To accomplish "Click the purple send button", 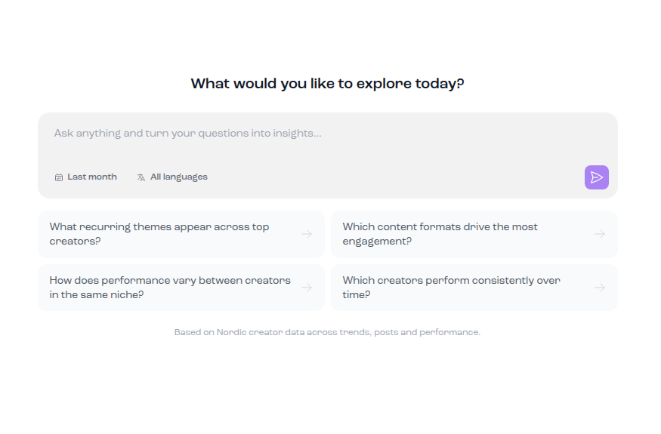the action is [x=597, y=177].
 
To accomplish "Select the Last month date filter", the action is [x=86, y=177].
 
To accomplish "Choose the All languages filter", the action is [x=172, y=177].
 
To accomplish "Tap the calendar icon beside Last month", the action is [x=59, y=177].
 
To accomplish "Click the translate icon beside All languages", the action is [x=141, y=177].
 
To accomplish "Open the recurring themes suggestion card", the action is [x=181, y=234].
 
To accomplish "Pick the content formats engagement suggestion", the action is [x=474, y=234].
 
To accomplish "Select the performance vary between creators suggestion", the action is [x=181, y=288].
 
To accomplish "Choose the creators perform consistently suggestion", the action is [x=474, y=288].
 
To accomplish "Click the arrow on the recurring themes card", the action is [x=307, y=234].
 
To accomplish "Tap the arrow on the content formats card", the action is [x=600, y=234].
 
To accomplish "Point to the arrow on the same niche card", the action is [x=307, y=288].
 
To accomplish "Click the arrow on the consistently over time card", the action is [x=600, y=288].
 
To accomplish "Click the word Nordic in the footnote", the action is [x=231, y=332].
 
